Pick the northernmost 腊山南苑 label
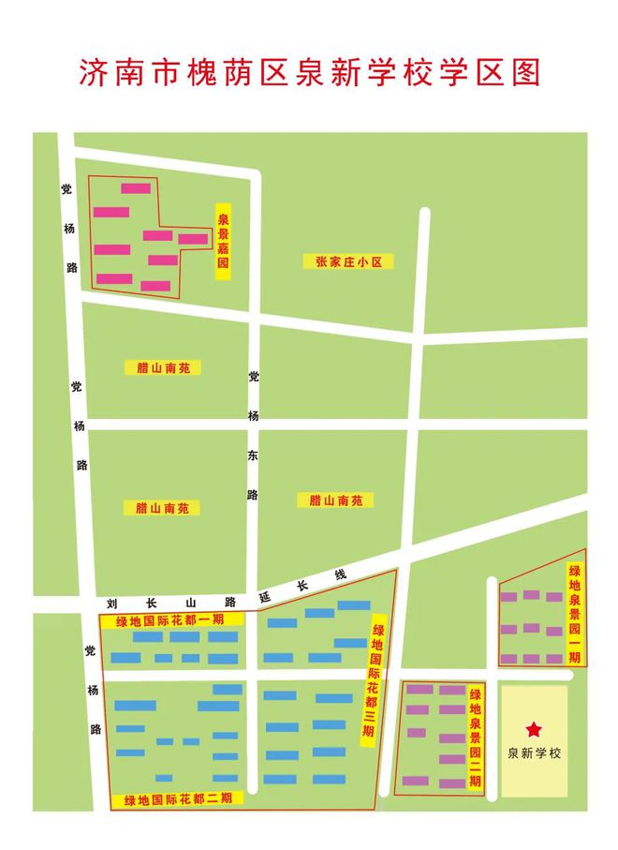[x=162, y=368]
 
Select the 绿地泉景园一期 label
[x=574, y=614]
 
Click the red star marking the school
[x=533, y=729]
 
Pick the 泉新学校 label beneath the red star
[x=533, y=753]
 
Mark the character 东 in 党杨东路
[x=252, y=455]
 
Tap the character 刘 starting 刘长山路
[x=111, y=604]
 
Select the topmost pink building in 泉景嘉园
[x=136, y=188]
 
